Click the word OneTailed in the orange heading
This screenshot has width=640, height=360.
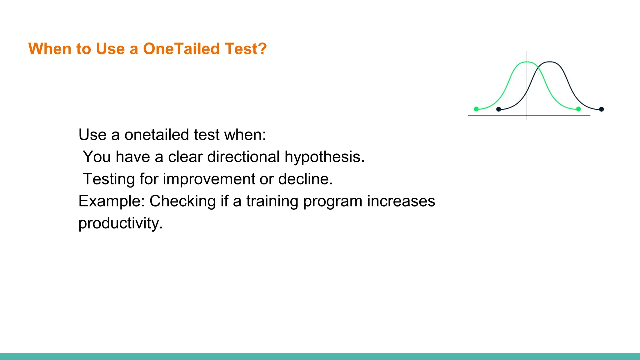(182, 49)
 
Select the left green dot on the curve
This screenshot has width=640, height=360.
(476, 109)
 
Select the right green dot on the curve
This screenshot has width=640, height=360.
(578, 109)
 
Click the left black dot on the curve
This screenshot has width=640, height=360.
(499, 109)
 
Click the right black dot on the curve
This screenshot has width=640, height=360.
(602, 109)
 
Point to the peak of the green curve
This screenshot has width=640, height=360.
(527, 62)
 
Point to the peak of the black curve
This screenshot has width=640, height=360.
(550, 62)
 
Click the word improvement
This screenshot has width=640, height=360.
(209, 179)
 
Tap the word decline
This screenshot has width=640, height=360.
(305, 179)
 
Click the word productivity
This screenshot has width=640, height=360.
(120, 223)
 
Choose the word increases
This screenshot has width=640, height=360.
(401, 201)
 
